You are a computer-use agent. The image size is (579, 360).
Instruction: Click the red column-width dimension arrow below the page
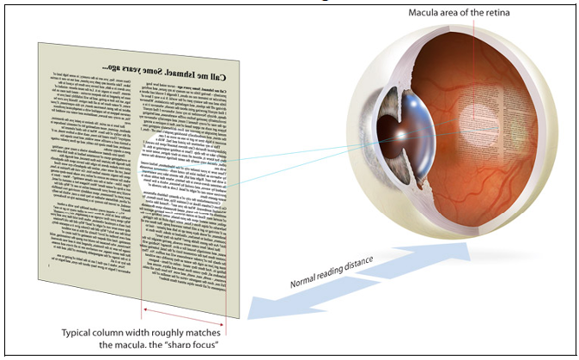click(185, 310)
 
